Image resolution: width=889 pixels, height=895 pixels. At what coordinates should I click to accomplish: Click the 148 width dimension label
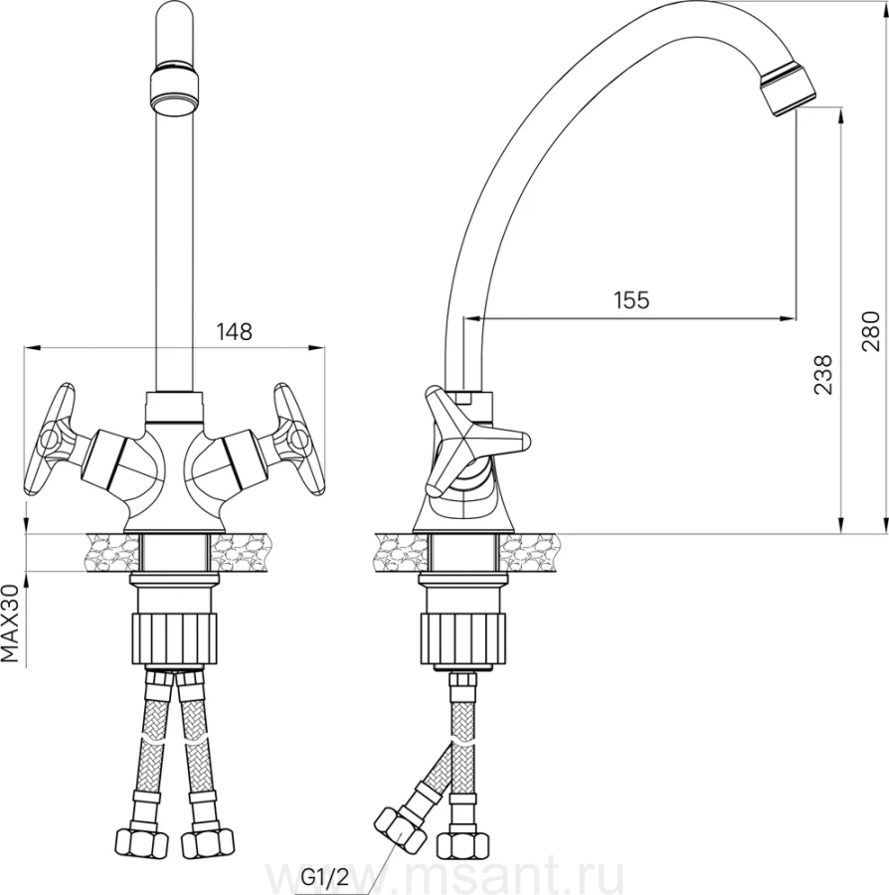tap(234, 331)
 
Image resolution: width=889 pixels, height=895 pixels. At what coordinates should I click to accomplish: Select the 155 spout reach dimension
tap(631, 299)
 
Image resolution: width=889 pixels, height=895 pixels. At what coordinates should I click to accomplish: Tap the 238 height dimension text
tap(822, 375)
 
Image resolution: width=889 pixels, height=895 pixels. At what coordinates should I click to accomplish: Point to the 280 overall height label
tap(871, 331)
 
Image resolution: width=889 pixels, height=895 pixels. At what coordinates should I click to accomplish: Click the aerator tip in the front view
tap(175, 91)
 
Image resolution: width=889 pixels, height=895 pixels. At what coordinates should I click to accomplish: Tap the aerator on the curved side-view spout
tap(788, 89)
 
